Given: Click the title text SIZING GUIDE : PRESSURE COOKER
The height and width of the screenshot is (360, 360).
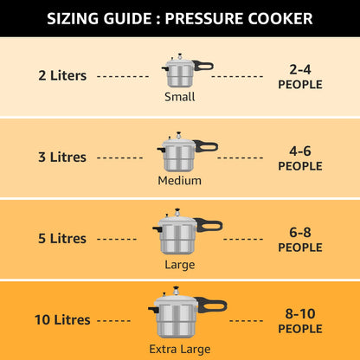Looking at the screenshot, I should [x=180, y=18].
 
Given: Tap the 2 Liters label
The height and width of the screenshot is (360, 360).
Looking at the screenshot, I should [x=62, y=75].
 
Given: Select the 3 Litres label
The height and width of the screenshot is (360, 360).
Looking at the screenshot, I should [x=62, y=157].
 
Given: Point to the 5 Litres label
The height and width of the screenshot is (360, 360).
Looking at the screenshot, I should [x=62, y=238].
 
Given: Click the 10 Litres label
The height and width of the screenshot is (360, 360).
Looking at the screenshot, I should [x=62, y=319].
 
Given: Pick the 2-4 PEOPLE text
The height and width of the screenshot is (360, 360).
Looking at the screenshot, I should [x=299, y=76].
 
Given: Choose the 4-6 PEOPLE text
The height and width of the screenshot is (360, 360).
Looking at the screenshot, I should [x=299, y=157].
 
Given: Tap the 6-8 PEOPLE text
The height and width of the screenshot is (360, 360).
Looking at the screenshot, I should [x=299, y=239].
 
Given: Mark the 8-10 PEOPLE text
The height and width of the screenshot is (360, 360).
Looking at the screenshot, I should [x=299, y=320].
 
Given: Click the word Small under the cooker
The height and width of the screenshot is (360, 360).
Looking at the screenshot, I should [x=179, y=97].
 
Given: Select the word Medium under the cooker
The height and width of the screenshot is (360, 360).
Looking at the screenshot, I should [x=179, y=181].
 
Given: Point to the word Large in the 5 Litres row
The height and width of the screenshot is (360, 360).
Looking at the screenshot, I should [x=179, y=264].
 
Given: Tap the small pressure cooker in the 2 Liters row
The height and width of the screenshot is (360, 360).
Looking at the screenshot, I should [x=179, y=72].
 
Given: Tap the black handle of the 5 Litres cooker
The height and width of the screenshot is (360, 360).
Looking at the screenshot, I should [x=209, y=225].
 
